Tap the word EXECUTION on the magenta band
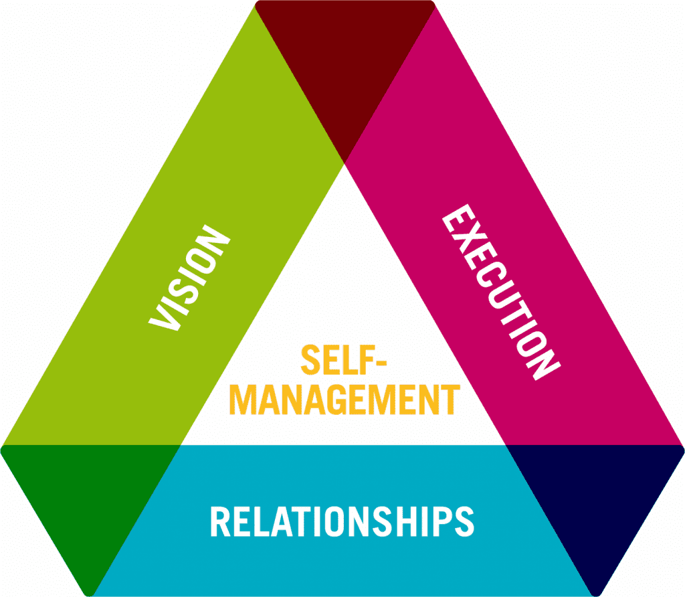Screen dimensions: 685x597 [x=502, y=292]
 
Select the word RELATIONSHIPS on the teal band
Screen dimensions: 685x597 [x=342, y=521]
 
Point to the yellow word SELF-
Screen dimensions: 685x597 [x=344, y=359]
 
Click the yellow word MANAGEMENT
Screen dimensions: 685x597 [x=345, y=400]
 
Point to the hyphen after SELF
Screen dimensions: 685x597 [x=381, y=361]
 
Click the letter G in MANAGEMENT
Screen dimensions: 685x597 [x=338, y=400]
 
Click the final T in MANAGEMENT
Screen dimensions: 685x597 [x=451, y=400]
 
